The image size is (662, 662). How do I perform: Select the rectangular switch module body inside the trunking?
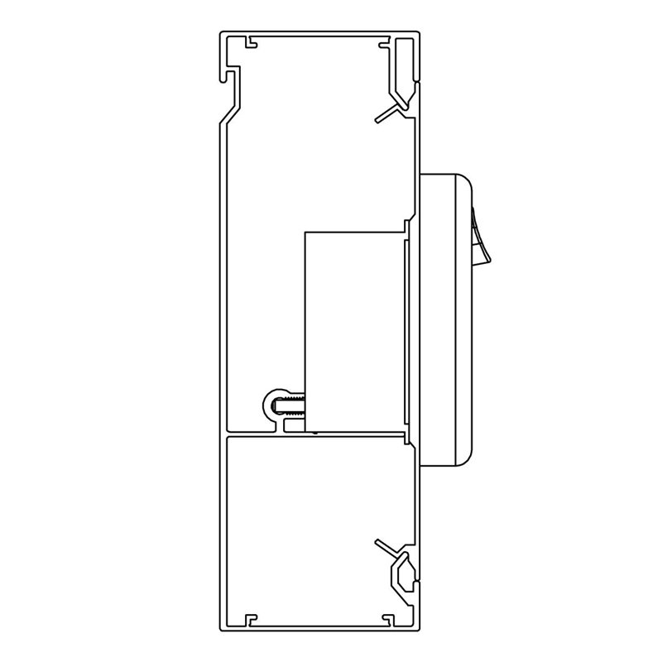point(354,331)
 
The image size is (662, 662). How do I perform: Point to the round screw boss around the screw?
point(276,406)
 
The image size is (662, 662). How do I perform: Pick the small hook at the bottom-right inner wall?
point(384,616)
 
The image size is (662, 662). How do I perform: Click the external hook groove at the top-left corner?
point(228,75)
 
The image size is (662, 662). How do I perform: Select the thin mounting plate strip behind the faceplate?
point(406,331)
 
